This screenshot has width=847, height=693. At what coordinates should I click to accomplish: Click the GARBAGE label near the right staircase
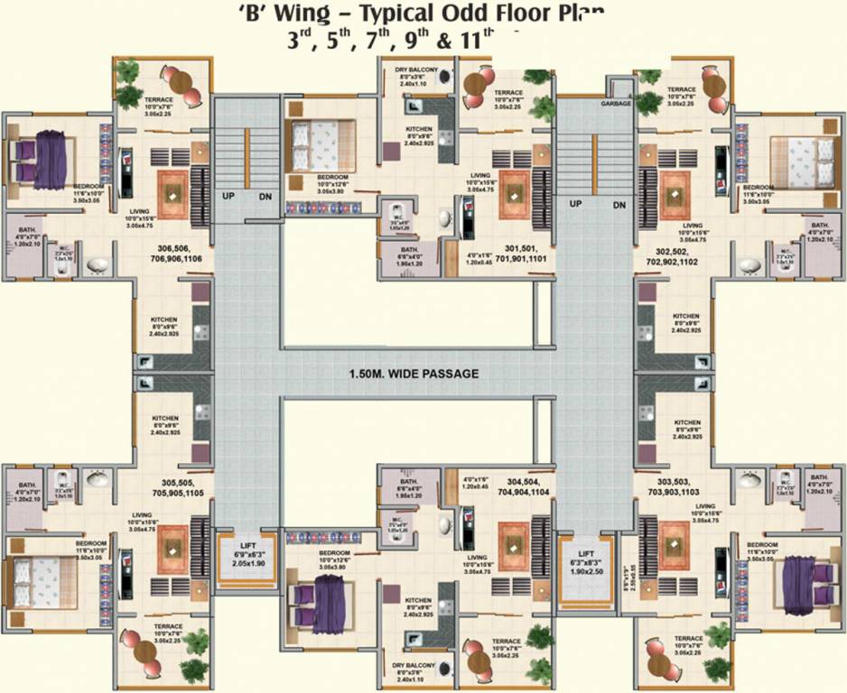(x=616, y=104)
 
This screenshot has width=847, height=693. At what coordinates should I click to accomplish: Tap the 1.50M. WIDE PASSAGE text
(x=414, y=374)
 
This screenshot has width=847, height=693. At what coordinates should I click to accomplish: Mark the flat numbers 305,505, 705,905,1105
(x=178, y=487)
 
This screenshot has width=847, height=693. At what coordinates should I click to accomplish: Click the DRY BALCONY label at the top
(x=415, y=74)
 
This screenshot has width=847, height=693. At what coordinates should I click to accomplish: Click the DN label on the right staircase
(x=619, y=205)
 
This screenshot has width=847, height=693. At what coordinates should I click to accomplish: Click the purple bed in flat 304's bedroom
(x=318, y=599)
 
